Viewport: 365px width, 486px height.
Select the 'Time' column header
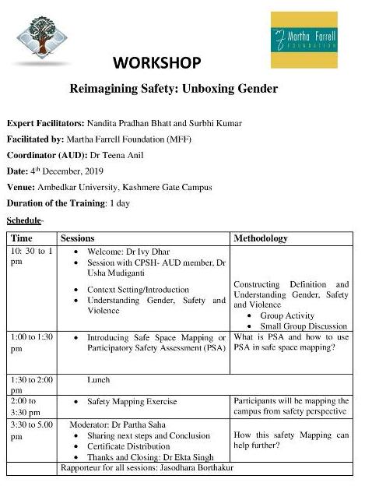pos(22,238)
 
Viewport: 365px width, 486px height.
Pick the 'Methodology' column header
pos(261,238)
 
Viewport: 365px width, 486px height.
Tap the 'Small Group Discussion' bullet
pos(304,326)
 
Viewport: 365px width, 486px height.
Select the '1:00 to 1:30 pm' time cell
pos(31,343)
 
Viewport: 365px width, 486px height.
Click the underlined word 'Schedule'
pos(24,220)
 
